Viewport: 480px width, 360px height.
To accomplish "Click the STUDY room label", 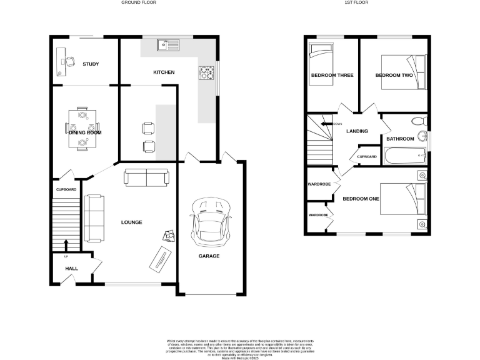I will tap(91, 64).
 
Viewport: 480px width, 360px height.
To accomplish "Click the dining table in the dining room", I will tap(82, 129).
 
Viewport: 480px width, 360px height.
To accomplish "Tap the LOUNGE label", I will tap(131, 222).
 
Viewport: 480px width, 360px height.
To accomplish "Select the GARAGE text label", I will tap(209, 256).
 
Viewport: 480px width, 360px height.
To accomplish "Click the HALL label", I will tap(72, 269).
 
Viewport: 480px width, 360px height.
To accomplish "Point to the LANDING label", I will tap(357, 131).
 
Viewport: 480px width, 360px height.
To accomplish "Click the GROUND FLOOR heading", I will tap(139, 3).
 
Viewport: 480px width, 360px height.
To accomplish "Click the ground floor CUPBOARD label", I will tap(66, 189).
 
